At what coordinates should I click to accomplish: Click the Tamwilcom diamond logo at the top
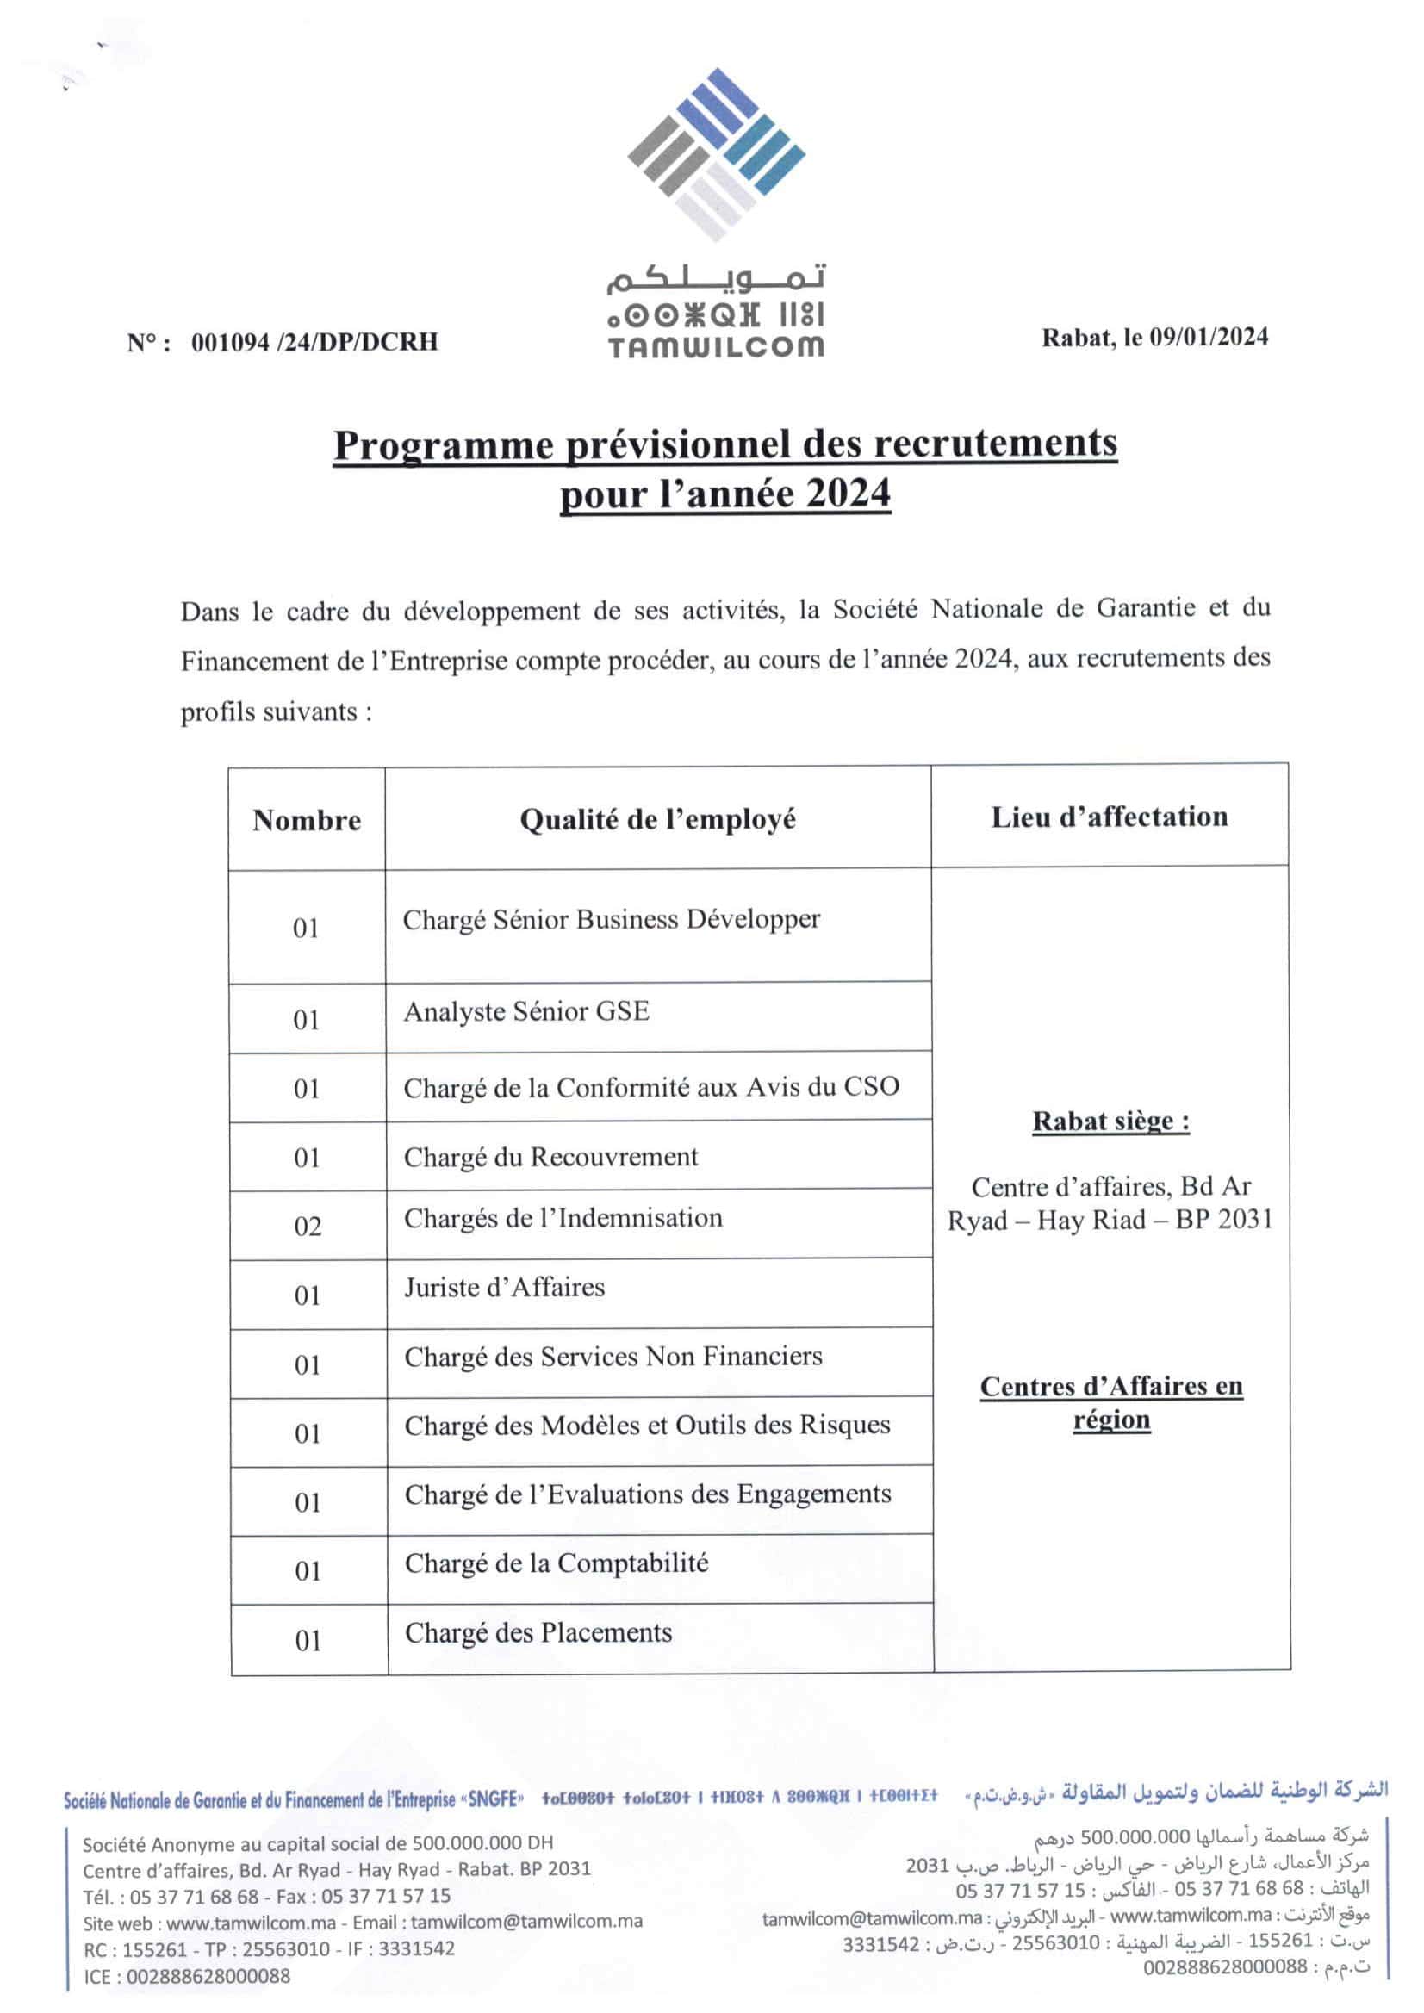[717, 155]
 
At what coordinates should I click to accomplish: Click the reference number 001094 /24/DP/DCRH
[314, 341]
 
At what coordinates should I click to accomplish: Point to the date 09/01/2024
[1209, 337]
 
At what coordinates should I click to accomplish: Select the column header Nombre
[306, 820]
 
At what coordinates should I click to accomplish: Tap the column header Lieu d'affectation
[1110, 817]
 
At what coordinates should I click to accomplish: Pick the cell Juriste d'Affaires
[504, 1287]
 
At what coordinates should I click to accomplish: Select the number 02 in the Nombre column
[308, 1226]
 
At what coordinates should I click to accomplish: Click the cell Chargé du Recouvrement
[550, 1157]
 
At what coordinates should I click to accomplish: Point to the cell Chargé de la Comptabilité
[556, 1563]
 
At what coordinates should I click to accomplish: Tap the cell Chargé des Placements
[538, 1631]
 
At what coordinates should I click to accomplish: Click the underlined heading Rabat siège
[1110, 1121]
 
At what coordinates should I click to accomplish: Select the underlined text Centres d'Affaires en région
[1111, 1402]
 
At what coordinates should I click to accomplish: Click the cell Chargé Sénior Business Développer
[611, 919]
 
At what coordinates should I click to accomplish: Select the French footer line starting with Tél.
[266, 1897]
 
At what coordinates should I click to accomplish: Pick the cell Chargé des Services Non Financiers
[613, 1357]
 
